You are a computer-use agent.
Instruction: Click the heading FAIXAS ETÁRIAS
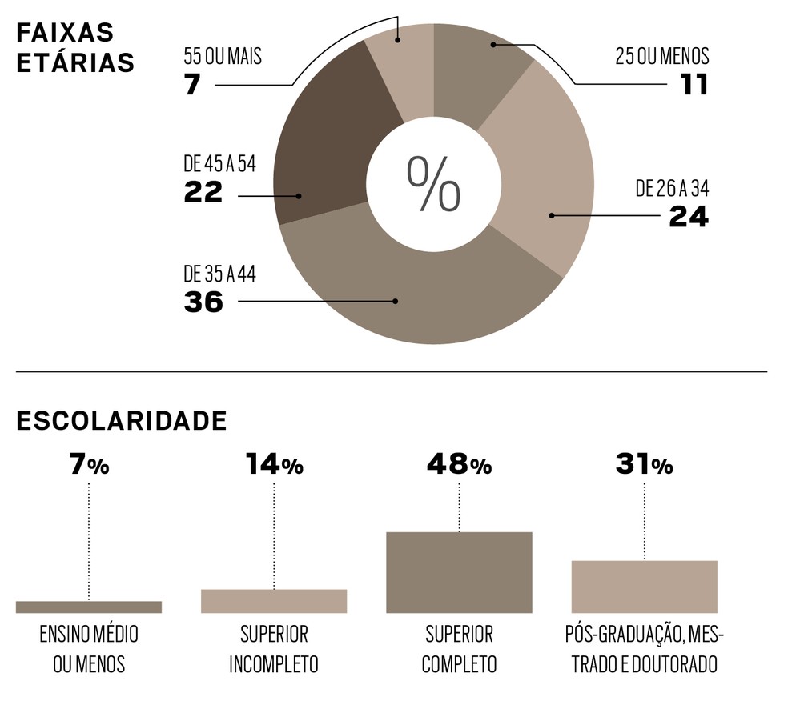[75, 48]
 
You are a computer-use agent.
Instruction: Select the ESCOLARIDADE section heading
[121, 421]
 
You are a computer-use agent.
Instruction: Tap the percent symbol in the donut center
[433, 183]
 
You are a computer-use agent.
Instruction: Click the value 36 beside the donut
[203, 302]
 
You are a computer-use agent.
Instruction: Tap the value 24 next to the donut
[689, 217]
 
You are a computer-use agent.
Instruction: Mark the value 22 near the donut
[203, 193]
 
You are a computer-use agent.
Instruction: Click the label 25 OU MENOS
[662, 57]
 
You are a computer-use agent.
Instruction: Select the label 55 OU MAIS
[223, 57]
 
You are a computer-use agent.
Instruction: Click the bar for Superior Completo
[459, 572]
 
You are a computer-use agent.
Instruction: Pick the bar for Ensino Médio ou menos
[89, 607]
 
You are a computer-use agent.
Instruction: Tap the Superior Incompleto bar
[274, 601]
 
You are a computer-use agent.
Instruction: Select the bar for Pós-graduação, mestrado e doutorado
[644, 587]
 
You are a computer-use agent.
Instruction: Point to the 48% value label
[459, 465]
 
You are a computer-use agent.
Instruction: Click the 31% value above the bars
[644, 465]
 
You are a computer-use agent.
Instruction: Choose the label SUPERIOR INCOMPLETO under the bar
[274, 649]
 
